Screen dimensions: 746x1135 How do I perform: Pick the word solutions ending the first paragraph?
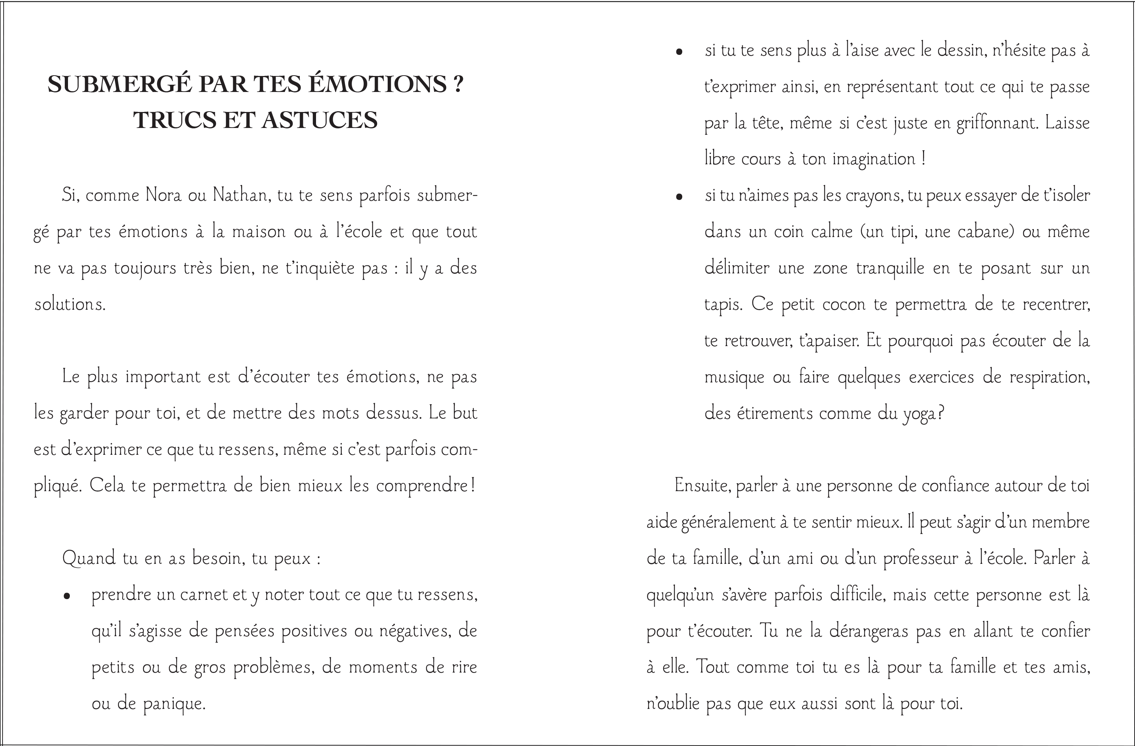[69, 304]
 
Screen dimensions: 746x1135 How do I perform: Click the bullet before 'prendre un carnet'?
[67, 596]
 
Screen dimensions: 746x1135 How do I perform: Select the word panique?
[175, 703]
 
